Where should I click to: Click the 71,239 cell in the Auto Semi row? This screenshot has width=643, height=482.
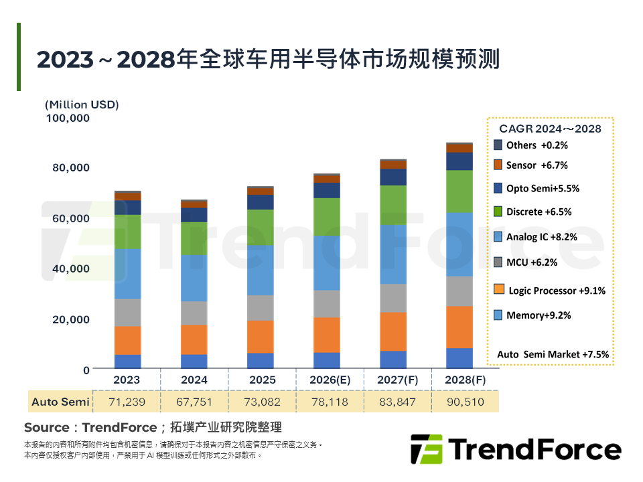pyautogui.click(x=127, y=402)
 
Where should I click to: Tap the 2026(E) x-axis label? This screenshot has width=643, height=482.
pyautogui.click(x=330, y=380)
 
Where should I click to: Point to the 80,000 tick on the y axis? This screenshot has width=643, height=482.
pyautogui.click(x=71, y=167)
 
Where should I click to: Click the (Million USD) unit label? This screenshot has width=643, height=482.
pyautogui.click(x=82, y=105)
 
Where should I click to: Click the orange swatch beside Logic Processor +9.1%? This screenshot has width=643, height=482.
pyautogui.click(x=498, y=290)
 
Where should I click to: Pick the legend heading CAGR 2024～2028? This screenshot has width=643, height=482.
pyautogui.click(x=550, y=129)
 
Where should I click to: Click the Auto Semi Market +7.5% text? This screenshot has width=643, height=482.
pyautogui.click(x=553, y=354)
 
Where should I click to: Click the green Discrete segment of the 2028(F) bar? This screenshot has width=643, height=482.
pyautogui.click(x=459, y=191)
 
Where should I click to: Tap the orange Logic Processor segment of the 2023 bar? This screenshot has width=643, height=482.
pyautogui.click(x=127, y=340)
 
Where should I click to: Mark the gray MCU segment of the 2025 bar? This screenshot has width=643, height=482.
pyautogui.click(x=260, y=308)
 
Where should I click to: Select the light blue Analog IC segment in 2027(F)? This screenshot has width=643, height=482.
pyautogui.click(x=393, y=254)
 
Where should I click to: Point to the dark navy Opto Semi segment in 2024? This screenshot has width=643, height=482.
pyautogui.click(x=194, y=215)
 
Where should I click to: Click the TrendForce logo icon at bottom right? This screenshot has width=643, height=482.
pyautogui.click(x=426, y=449)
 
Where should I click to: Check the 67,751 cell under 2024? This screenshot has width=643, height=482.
pyautogui.click(x=194, y=402)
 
